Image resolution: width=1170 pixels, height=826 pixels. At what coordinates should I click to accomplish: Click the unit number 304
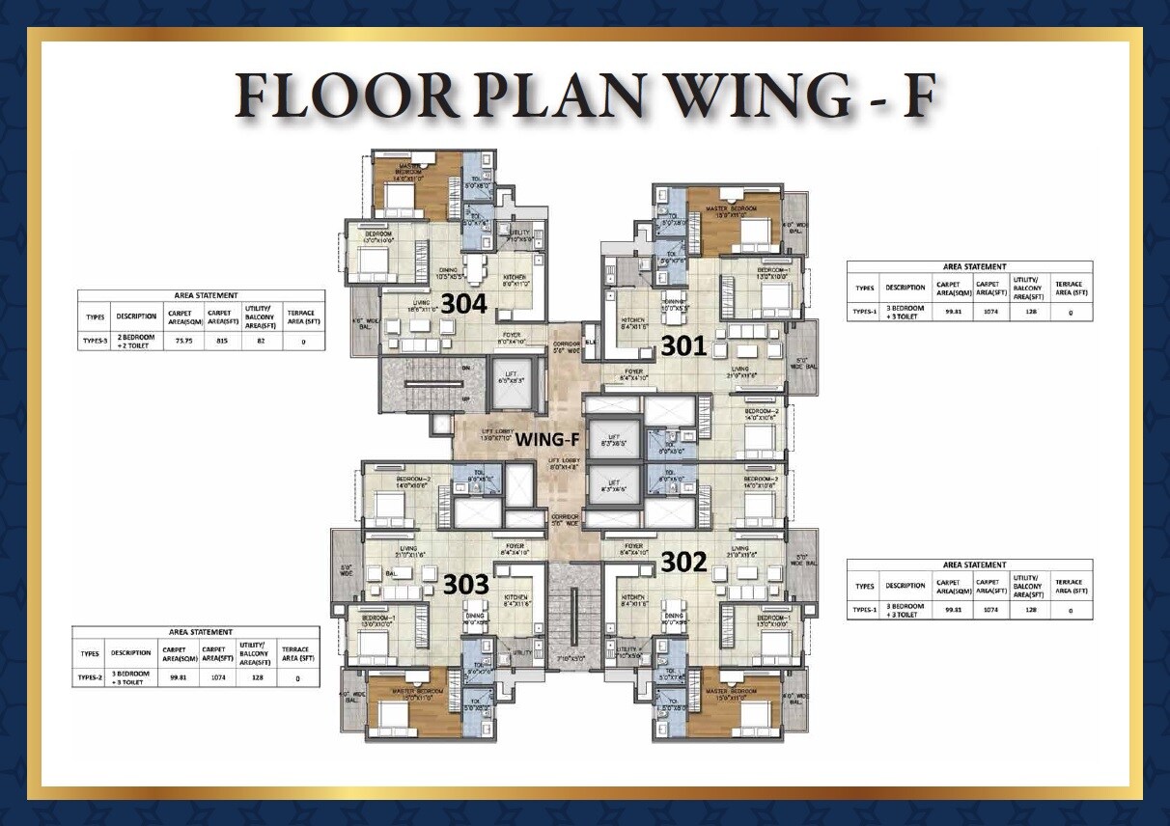[x=462, y=303]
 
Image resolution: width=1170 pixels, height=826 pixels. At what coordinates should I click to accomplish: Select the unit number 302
[x=684, y=562]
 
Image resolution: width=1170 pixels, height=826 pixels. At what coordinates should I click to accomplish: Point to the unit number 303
[x=466, y=584]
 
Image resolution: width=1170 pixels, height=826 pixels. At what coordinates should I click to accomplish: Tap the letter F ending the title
[x=916, y=96]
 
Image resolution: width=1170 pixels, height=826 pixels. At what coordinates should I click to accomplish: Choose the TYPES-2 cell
[x=89, y=677]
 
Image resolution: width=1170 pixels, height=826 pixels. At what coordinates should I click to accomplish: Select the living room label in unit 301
[x=740, y=369]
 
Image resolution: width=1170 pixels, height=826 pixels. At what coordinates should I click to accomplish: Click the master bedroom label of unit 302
[x=730, y=693]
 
